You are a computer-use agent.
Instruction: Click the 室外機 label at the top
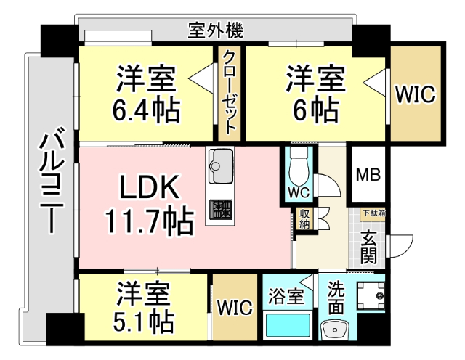216,31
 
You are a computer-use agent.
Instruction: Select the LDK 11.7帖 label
149,205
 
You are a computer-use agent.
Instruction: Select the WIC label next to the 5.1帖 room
234,308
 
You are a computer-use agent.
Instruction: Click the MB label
368,175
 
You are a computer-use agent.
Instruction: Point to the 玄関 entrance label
368,247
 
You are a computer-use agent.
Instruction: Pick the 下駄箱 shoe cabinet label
374,213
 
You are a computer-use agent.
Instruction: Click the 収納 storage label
304,219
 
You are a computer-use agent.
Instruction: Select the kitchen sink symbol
220,168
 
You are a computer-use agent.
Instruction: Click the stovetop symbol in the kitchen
220,209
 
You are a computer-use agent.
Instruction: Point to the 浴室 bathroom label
285,296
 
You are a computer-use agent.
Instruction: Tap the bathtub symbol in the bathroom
286,326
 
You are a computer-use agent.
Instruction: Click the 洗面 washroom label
335,297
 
